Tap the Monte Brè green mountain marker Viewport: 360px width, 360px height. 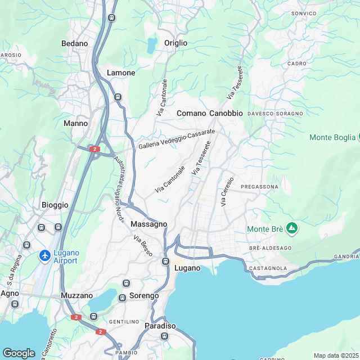291,228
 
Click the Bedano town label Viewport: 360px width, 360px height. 75,43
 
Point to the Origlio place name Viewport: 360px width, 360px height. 175,43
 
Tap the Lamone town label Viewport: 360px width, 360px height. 121,73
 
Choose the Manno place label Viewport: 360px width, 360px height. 76,123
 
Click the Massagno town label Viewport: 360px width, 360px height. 148,224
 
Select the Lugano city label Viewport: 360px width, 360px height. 187,268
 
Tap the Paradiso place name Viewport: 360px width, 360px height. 160,326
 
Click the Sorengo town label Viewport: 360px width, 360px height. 145,295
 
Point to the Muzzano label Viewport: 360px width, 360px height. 76,295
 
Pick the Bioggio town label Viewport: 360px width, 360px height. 55,205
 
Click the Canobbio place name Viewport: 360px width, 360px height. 226,114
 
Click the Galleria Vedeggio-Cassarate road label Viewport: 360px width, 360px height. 177,139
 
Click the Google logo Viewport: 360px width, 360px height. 19,353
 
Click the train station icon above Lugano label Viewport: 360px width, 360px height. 165,262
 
